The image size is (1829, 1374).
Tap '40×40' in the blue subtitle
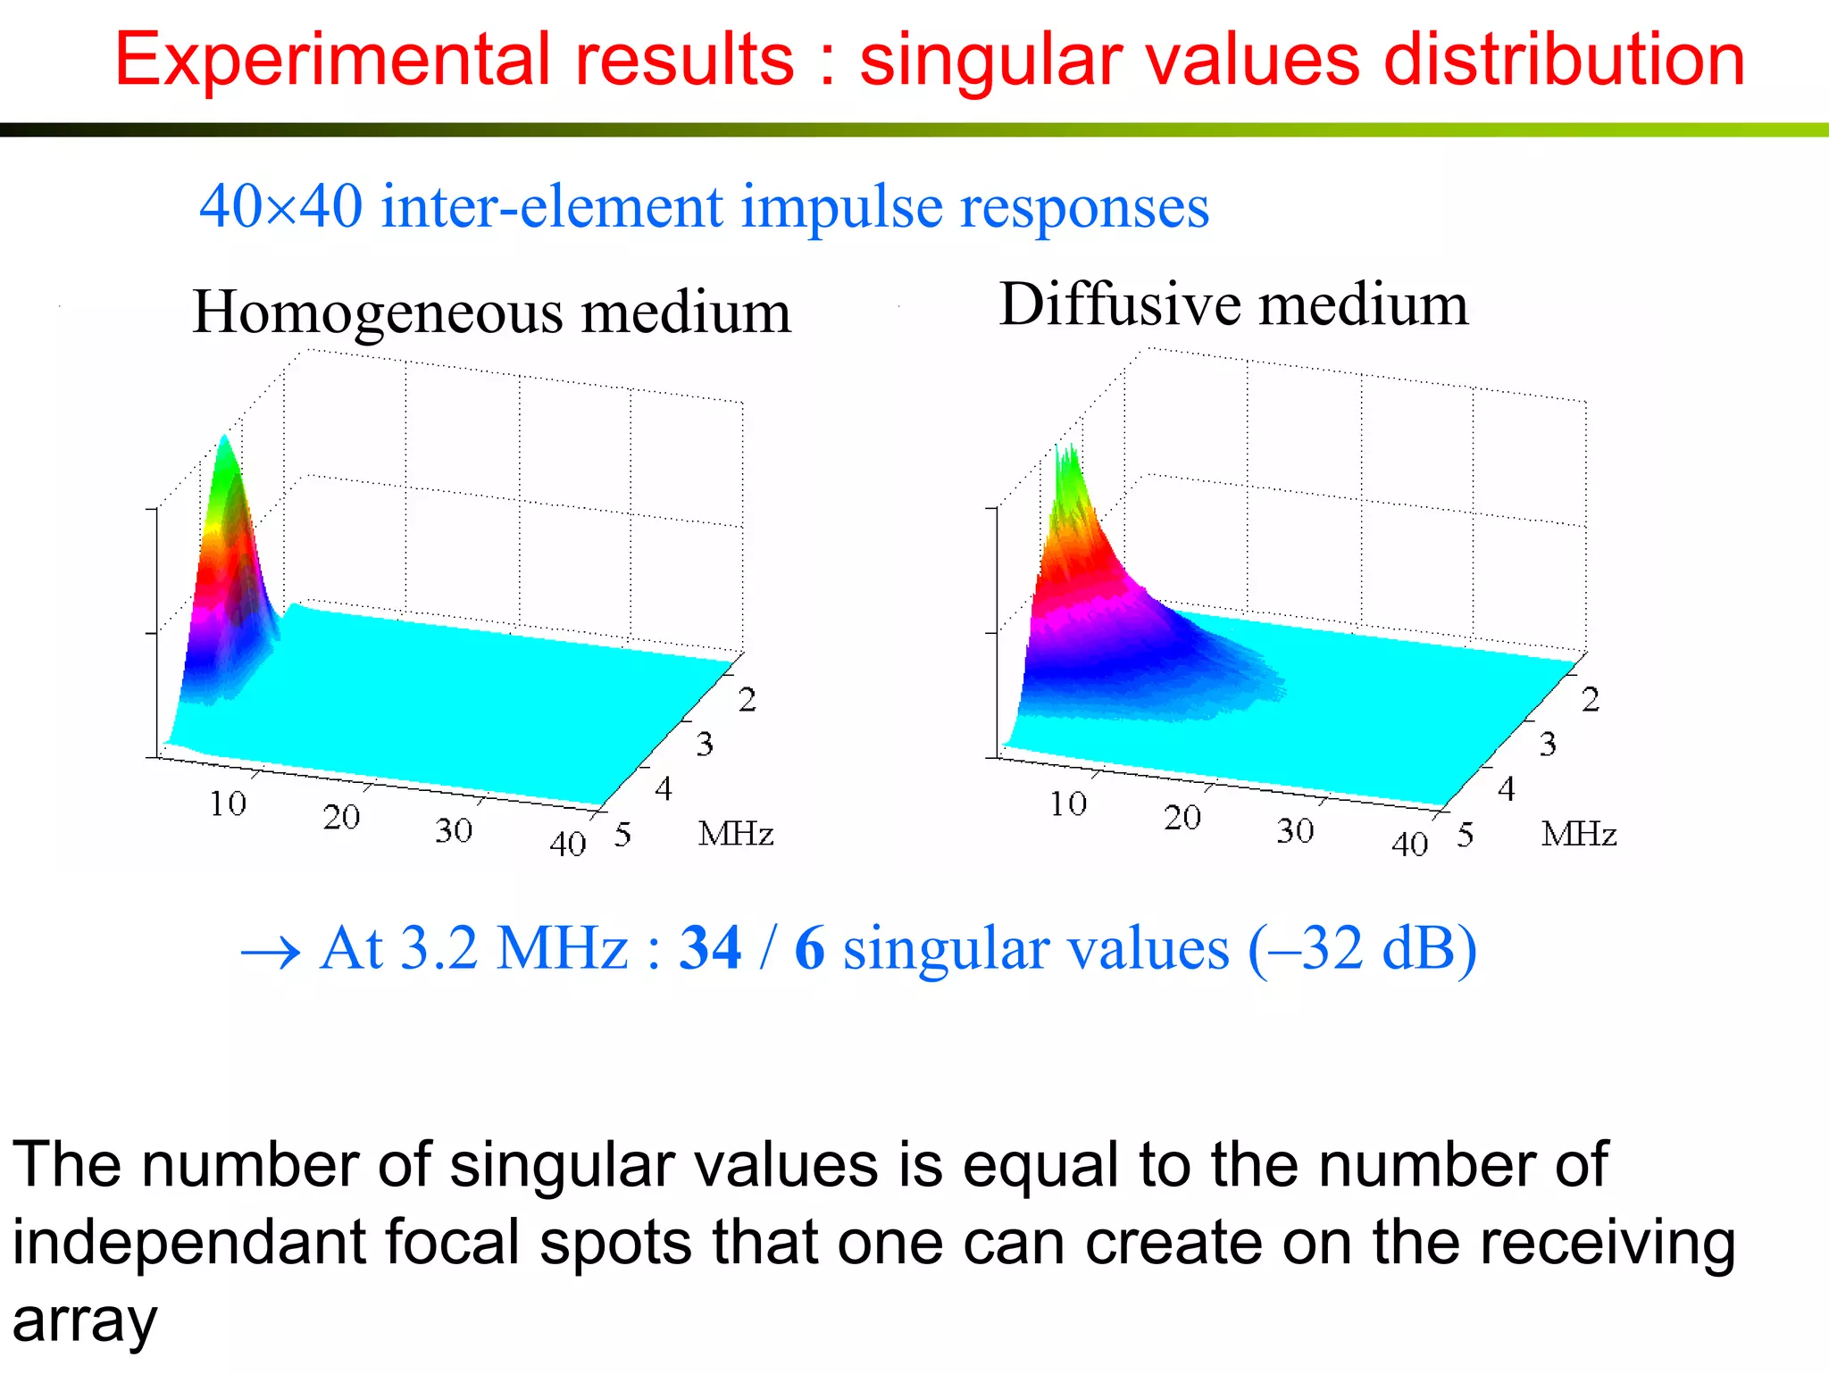tap(280, 206)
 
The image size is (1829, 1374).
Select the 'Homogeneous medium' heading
tap(491, 312)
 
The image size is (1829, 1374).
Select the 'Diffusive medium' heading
tap(1233, 304)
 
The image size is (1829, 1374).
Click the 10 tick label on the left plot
tap(228, 804)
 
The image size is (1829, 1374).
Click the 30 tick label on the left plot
tap(454, 830)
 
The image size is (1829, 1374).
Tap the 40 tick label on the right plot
tap(1409, 844)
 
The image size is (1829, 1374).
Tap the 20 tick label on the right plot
tap(1182, 817)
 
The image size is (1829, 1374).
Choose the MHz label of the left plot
tap(735, 834)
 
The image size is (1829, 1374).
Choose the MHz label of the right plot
tap(1578, 834)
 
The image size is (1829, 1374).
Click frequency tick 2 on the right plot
tap(1591, 700)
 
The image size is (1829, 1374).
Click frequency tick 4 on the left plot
tap(663, 789)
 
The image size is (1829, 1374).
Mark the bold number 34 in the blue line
tap(710, 948)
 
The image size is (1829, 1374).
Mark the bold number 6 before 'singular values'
tap(809, 948)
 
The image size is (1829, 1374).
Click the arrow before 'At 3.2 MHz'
tap(270, 953)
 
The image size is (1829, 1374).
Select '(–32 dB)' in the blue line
tap(1362, 948)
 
